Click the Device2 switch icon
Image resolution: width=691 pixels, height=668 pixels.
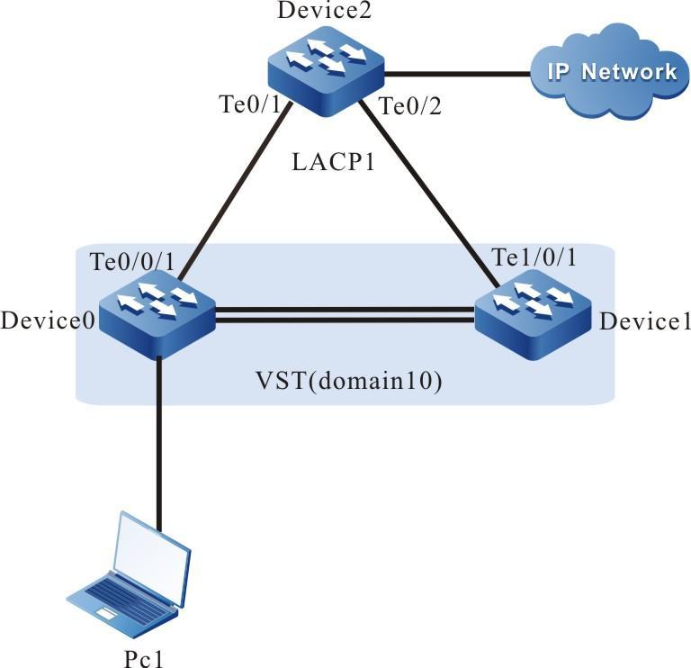tap(326, 69)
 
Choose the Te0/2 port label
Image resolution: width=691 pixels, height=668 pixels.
tap(409, 106)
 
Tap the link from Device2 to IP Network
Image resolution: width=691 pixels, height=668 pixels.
tap(455, 73)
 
